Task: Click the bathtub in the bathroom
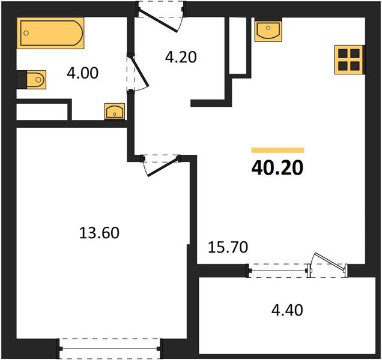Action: (x=50, y=34)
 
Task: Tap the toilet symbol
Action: (x=34, y=79)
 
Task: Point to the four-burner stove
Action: (x=349, y=59)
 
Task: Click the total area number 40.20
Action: (x=277, y=167)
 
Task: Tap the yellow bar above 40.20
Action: (x=277, y=150)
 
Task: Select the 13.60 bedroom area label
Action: (x=99, y=232)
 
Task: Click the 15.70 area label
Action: (x=228, y=246)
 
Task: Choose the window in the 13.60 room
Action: (x=110, y=348)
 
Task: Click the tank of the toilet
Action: (x=22, y=79)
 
